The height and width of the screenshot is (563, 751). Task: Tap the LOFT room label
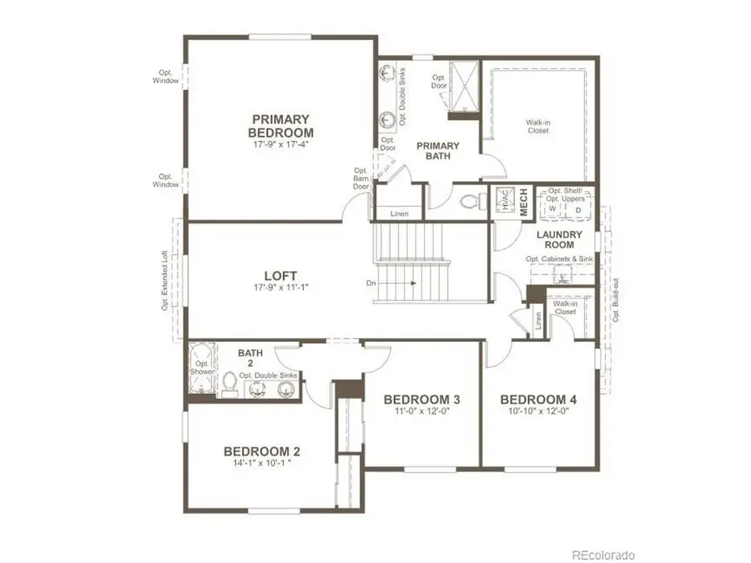tap(280, 275)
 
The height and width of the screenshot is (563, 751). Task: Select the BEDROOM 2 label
tap(262, 451)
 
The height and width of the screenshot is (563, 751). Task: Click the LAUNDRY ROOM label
tap(558, 240)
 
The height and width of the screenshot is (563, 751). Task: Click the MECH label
tap(525, 202)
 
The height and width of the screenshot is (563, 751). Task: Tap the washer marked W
tap(552, 209)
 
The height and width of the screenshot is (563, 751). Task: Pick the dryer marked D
tap(577, 209)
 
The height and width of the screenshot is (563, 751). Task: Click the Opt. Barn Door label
tap(361, 178)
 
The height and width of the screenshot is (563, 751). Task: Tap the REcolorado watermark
tap(603, 555)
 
